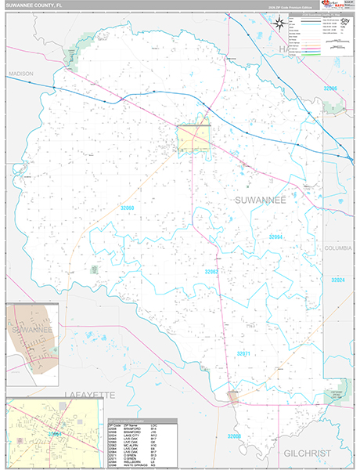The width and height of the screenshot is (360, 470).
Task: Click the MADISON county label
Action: tap(21, 74)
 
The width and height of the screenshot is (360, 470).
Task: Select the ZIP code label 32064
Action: tap(275, 236)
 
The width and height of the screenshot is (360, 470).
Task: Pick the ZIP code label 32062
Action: tap(212, 272)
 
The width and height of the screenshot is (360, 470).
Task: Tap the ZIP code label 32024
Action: tap(337, 280)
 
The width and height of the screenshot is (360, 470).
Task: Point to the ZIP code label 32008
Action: tap(235, 436)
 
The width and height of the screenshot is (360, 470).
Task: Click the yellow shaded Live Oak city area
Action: tap(193, 138)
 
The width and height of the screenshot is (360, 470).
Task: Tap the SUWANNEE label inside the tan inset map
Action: tap(31, 330)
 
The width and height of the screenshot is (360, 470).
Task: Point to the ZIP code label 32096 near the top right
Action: tap(333, 89)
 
